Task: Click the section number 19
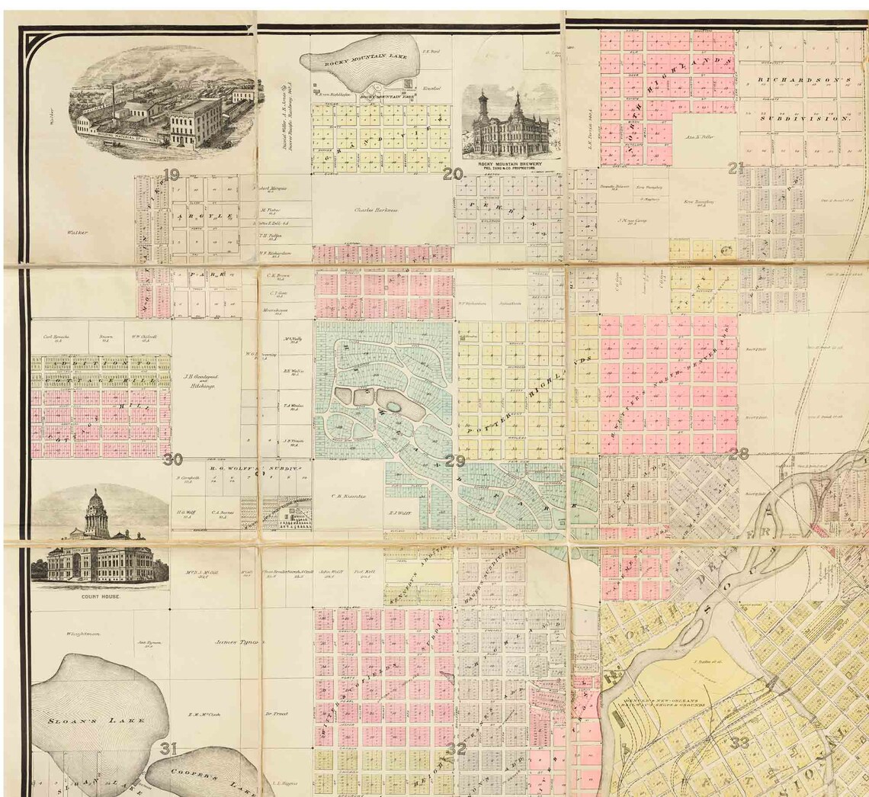pos(171,175)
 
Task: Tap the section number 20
pos(453,175)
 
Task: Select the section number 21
pos(736,169)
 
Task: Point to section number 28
pos(738,454)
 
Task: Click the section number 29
pos(455,461)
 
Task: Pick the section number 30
pos(172,459)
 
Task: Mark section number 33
pos(739,742)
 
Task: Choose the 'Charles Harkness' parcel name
pos(378,209)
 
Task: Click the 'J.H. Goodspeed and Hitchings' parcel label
pos(199,381)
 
